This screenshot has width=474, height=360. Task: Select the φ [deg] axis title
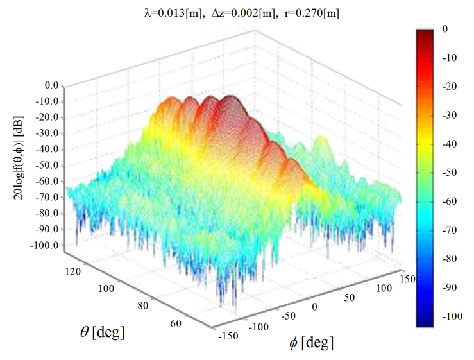311,343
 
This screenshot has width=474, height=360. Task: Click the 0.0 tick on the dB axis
51,85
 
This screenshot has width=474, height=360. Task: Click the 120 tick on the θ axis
74,273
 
